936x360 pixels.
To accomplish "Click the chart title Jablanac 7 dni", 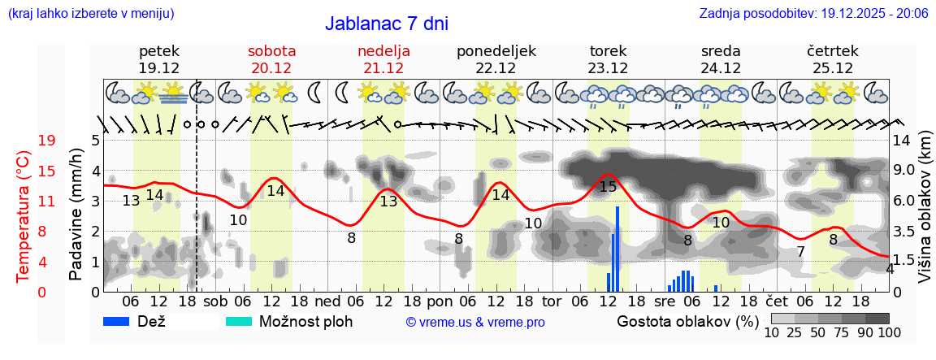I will [386, 24].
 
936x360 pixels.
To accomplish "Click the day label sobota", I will [271, 50].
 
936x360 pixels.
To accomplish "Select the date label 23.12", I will [608, 68].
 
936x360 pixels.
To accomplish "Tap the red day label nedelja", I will [383, 50].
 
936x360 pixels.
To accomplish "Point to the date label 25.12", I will [833, 68].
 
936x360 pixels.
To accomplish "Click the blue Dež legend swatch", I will [122, 321].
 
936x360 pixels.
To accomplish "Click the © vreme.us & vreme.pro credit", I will [475, 322].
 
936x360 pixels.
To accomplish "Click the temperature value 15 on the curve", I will [608, 187].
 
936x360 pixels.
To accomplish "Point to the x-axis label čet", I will [786, 301].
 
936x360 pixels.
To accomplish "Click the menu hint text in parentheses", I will [90, 13].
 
